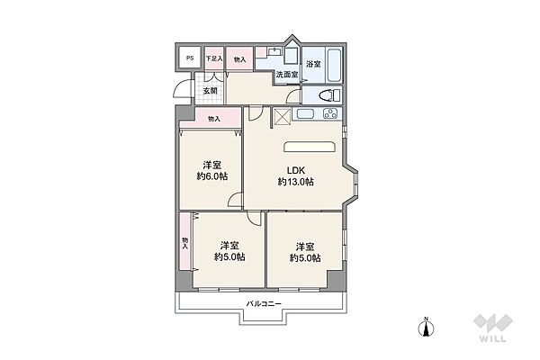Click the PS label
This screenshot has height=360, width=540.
pyautogui.click(x=189, y=59)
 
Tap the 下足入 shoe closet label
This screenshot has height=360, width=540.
pyautogui.click(x=213, y=59)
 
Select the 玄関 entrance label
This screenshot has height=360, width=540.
pyautogui.click(x=211, y=90)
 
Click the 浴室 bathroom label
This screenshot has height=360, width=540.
pyautogui.click(x=313, y=63)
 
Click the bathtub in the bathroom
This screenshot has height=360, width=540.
pyautogui.click(x=333, y=64)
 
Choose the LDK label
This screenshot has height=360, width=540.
pyautogui.click(x=295, y=170)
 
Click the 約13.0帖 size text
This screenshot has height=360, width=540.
pyautogui.click(x=295, y=183)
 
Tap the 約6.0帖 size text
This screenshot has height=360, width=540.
pyautogui.click(x=212, y=176)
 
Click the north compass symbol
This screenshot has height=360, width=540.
pyautogui.click(x=428, y=329)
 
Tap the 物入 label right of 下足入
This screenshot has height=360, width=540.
pyautogui.click(x=239, y=59)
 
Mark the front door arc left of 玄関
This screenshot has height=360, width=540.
pyautogui.click(x=183, y=90)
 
